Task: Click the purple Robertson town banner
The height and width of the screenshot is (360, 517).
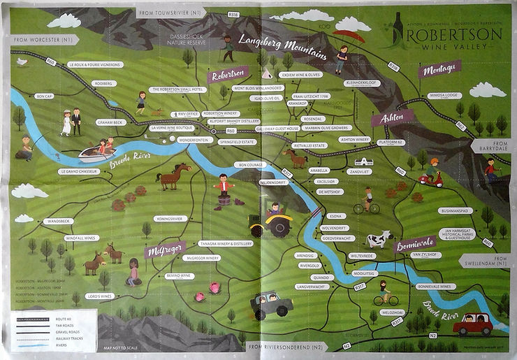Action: tap(228, 73)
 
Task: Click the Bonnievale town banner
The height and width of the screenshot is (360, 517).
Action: tap(415, 243)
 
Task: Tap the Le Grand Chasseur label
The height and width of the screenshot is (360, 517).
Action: tap(77, 171)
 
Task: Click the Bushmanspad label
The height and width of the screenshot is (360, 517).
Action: tap(458, 210)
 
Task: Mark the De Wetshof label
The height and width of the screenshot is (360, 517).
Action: tap(328, 191)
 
